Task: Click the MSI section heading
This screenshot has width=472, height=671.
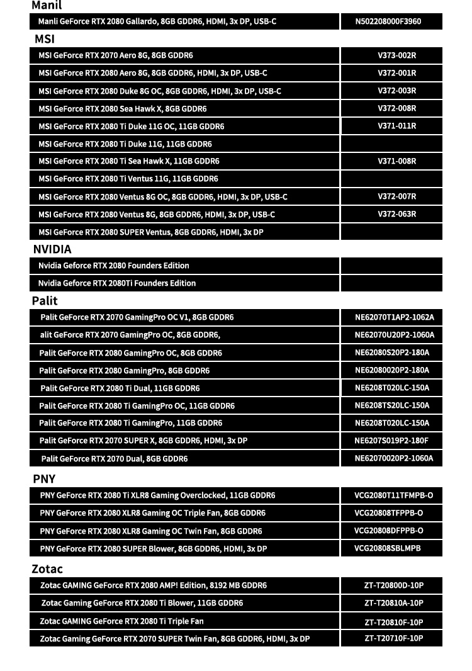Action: click(x=45, y=39)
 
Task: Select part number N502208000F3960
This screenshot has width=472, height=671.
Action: click(x=388, y=21)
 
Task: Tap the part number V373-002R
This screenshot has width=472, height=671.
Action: click(x=396, y=55)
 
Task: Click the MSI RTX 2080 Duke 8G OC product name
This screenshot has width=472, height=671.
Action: click(x=160, y=91)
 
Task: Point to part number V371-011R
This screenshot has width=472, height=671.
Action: click(x=396, y=126)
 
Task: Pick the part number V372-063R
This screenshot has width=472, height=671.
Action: click(x=396, y=214)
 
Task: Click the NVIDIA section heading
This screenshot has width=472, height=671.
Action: click(x=52, y=249)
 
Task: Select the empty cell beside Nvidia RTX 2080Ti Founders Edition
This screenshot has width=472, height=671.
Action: click(x=391, y=283)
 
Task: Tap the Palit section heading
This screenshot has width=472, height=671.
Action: click(x=45, y=301)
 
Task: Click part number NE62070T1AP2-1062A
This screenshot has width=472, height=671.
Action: click(x=394, y=317)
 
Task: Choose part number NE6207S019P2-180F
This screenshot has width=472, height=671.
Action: click(x=391, y=441)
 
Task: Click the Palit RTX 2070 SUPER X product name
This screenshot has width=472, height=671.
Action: click(x=143, y=441)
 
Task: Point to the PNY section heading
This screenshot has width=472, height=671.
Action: click(x=44, y=479)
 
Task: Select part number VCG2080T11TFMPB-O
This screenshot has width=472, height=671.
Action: click(x=393, y=495)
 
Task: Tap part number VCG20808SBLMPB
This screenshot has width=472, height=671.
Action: click(x=387, y=548)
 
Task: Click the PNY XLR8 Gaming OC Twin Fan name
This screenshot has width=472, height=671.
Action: click(x=151, y=531)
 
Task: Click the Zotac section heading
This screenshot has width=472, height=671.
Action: click(x=47, y=569)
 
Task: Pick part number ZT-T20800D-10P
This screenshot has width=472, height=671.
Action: click(x=393, y=585)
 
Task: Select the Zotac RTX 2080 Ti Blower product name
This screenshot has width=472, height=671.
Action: click(x=142, y=603)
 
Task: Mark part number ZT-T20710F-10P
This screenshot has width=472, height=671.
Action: click(x=393, y=638)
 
